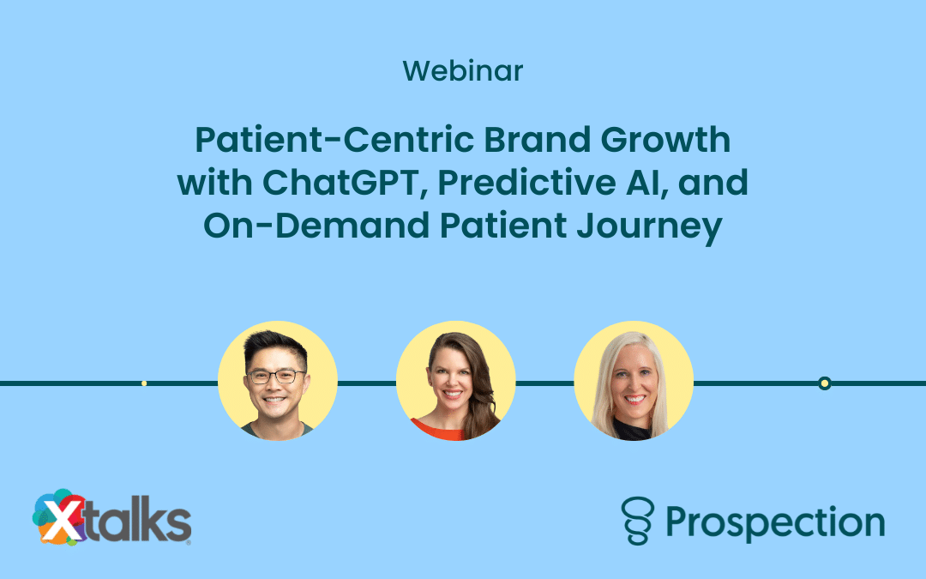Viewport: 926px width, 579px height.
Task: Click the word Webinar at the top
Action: pos(463,71)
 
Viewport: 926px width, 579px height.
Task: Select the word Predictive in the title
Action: pos(526,183)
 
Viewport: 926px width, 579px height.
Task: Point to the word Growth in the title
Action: pos(665,140)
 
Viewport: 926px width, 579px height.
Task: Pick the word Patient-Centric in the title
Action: pos(335,140)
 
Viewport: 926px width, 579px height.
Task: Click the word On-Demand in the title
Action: pos(316,226)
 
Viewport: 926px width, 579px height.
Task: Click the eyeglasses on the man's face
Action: pos(276,377)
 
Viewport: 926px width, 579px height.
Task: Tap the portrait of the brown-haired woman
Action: pos(456,381)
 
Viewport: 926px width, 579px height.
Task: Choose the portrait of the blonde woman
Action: pos(634,381)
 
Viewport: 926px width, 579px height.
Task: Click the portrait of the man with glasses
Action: pos(278,381)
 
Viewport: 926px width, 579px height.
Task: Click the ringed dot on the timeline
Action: pos(825,383)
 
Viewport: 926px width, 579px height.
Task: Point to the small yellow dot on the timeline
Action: pos(144,383)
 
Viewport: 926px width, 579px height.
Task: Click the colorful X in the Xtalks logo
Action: pos(59,518)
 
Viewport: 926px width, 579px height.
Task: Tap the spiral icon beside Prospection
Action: pos(638,521)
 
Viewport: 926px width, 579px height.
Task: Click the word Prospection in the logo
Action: pos(775,523)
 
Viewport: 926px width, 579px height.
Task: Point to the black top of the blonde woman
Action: pos(632,430)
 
